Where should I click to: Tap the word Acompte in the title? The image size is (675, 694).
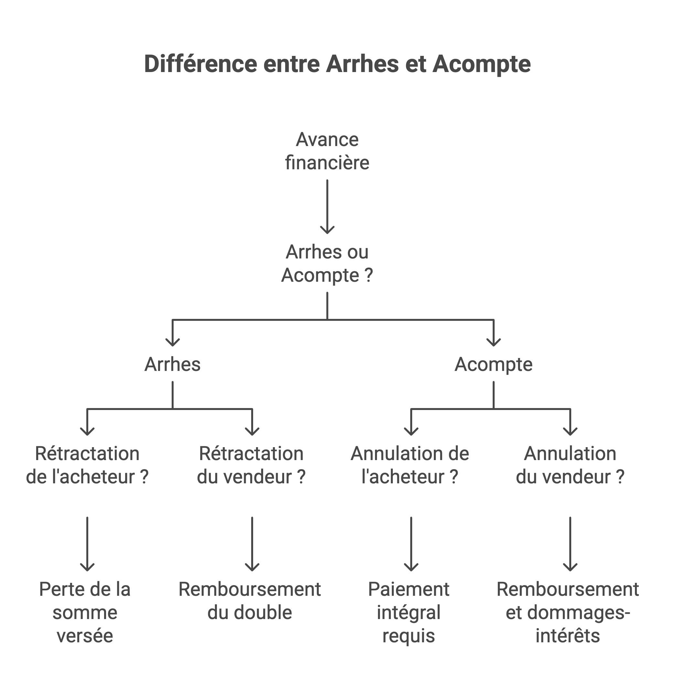(x=481, y=65)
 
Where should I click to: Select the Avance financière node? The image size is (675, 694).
(x=327, y=151)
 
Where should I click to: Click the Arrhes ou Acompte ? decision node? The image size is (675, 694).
(x=327, y=264)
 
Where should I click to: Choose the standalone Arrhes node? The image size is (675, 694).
(x=172, y=364)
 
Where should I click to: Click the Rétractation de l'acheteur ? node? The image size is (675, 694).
(x=87, y=465)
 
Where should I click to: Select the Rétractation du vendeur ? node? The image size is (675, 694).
(x=252, y=465)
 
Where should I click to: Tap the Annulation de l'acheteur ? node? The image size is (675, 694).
(x=410, y=465)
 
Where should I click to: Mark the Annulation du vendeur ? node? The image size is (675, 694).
(x=570, y=465)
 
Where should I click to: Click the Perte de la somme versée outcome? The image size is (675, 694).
(x=85, y=613)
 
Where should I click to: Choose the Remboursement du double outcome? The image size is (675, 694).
(x=250, y=601)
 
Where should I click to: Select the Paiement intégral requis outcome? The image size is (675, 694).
(x=409, y=613)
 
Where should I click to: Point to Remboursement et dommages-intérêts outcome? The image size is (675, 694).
(x=568, y=613)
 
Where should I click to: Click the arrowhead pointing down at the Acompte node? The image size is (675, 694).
(x=494, y=342)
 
